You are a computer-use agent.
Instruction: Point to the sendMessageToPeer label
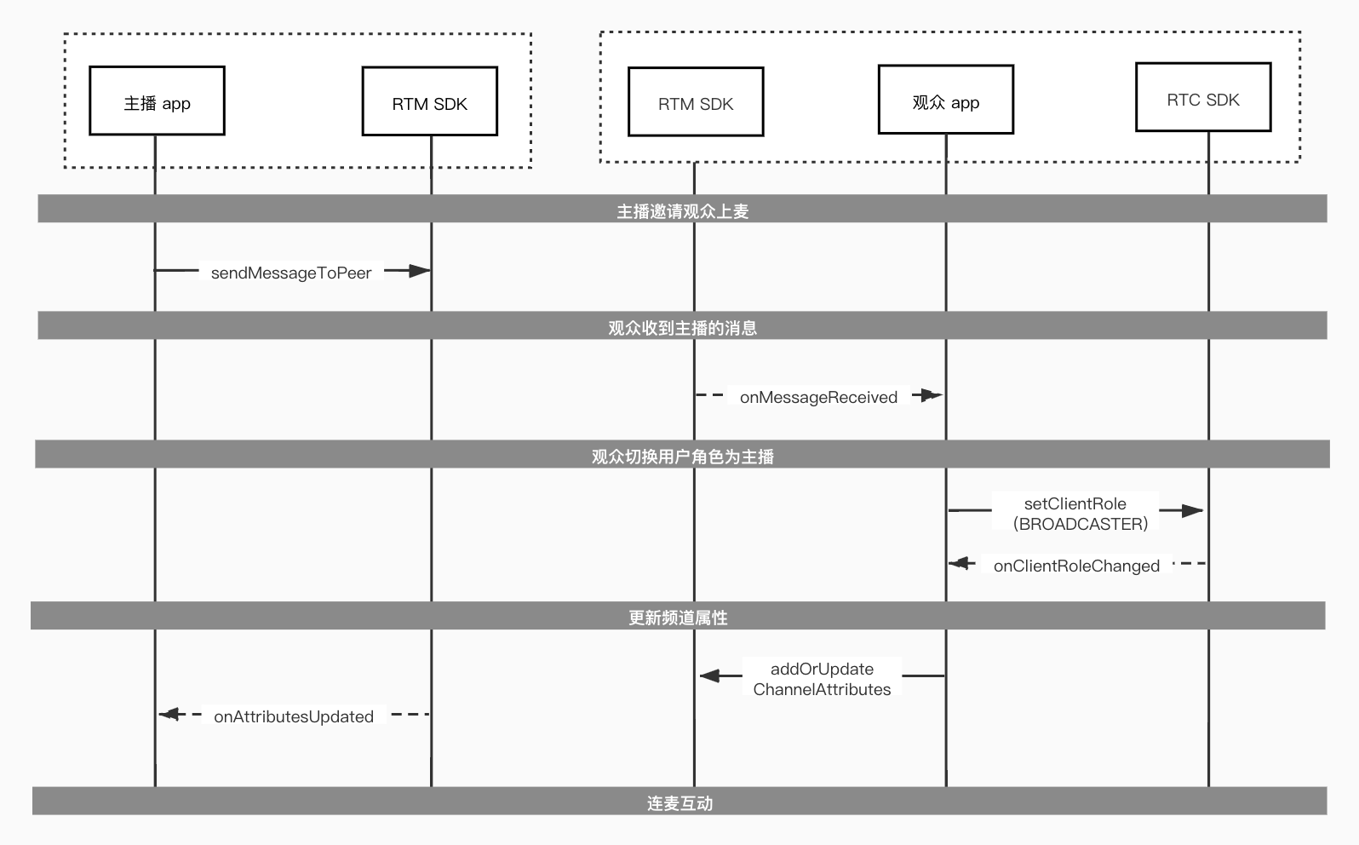pyautogui.click(x=291, y=273)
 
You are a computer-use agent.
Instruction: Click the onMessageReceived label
pyautogui.click(x=818, y=397)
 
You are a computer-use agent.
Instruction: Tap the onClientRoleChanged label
pyautogui.click(x=1077, y=566)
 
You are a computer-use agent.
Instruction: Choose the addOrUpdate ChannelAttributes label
pyautogui.click(x=822, y=679)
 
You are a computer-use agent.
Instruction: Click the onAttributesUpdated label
pyautogui.click(x=294, y=716)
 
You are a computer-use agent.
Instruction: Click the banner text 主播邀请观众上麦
pyautogui.click(x=683, y=211)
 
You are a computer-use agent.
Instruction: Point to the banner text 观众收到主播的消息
pyautogui.click(x=683, y=328)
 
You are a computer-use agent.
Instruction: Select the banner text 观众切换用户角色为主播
pyautogui.click(x=683, y=457)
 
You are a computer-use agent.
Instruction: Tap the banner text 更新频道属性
pyautogui.click(x=678, y=618)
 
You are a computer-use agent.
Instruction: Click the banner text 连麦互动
pyautogui.click(x=679, y=804)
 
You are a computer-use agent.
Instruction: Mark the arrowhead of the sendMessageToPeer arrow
pyautogui.click(x=429, y=270)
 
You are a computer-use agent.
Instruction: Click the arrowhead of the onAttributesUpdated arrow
pyautogui.click(x=159, y=714)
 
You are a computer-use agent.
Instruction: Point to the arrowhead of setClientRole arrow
pyautogui.click(x=1201, y=510)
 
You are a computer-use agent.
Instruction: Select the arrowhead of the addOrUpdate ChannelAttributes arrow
pyautogui.click(x=701, y=675)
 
